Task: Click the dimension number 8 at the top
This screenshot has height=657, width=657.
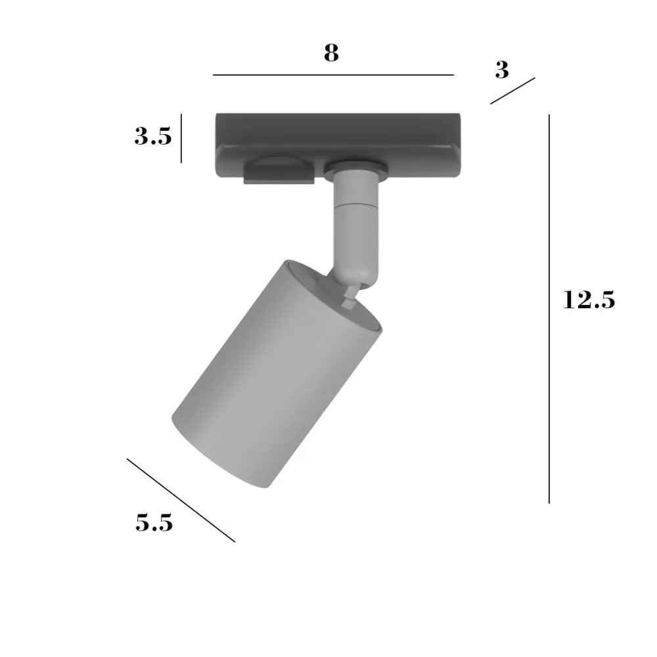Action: tap(331, 53)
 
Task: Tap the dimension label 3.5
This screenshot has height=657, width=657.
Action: tap(153, 136)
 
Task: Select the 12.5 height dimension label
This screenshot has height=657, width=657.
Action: tap(589, 300)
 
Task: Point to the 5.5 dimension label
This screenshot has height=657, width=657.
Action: tap(154, 523)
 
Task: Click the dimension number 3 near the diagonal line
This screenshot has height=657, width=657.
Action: tap(502, 70)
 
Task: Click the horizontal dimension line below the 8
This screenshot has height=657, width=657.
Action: tap(333, 75)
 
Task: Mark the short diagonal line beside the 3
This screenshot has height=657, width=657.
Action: tap(512, 91)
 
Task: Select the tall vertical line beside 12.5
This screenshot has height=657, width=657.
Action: tap(549, 309)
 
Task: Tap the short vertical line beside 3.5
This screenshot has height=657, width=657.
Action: tap(181, 138)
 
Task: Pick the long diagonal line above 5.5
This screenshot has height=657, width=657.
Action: tap(181, 500)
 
